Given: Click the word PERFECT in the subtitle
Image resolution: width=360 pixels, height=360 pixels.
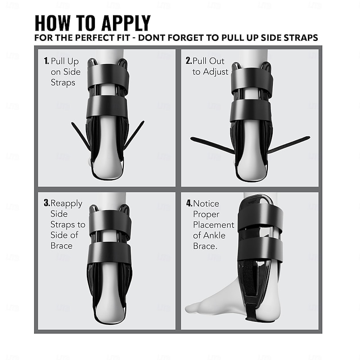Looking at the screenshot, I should click(x=88, y=38).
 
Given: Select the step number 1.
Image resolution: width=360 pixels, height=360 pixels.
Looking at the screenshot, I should click(x=46, y=61).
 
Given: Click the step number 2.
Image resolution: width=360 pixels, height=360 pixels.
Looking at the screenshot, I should click(x=189, y=61).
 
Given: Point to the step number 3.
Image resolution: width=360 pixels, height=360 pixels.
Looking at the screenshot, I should click(x=46, y=203).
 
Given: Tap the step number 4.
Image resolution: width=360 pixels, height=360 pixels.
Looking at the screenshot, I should click(x=189, y=203).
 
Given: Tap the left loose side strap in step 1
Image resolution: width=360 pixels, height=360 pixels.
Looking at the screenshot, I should click(x=81, y=135).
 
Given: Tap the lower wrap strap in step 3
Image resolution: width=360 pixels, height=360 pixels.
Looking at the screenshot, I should click(x=109, y=253).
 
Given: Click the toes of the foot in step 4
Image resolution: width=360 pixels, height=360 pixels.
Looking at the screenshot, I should click(x=193, y=308).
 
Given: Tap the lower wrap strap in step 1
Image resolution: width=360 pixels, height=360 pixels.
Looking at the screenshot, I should click(x=108, y=106).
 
